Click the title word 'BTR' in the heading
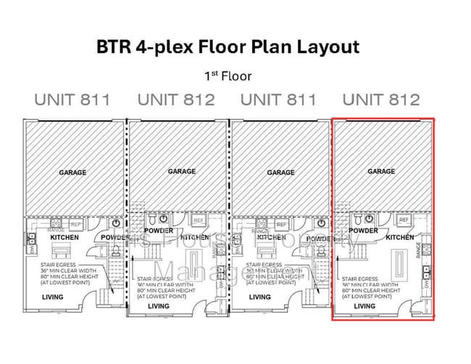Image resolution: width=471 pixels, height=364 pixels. point(114,48)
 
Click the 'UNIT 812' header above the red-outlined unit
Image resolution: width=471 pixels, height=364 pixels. point(381,99)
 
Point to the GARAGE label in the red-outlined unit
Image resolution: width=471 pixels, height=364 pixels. point(381,171)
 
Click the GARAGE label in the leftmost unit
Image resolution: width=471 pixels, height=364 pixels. point(72,173)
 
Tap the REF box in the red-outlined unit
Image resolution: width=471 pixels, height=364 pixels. point(404,220)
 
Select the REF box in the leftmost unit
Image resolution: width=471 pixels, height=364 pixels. point(76,224)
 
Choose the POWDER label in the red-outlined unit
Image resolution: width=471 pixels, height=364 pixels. point(363,231)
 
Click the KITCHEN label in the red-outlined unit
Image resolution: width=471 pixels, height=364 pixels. point(400,237)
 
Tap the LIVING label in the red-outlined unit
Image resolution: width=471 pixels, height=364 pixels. point(364,306)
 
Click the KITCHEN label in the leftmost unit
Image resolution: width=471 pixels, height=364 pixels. point(64,237)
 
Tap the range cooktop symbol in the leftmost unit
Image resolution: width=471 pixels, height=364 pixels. point(55,224)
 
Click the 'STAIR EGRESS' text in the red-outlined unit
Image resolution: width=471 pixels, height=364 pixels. point(360,278)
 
